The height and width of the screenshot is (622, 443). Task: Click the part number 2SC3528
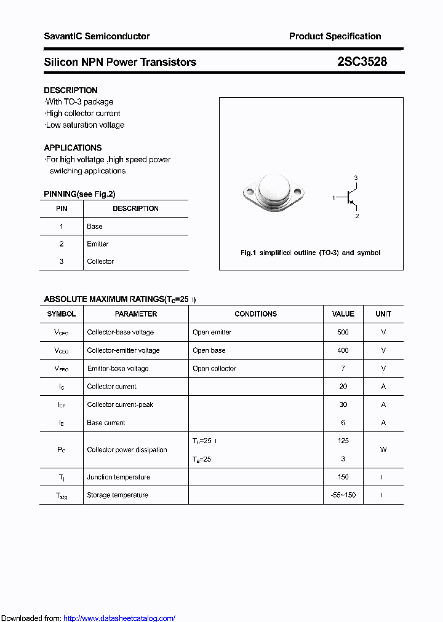click(x=362, y=62)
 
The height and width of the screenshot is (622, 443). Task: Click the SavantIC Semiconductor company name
click(x=97, y=36)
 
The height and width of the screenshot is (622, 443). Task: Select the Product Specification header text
click(x=335, y=36)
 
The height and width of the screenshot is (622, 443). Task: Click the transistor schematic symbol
click(x=348, y=197)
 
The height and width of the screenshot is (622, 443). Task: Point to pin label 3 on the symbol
click(x=356, y=178)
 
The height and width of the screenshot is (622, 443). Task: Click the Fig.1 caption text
click(x=310, y=253)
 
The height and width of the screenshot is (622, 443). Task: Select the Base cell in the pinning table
click(x=95, y=226)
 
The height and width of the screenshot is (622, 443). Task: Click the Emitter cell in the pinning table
click(x=98, y=244)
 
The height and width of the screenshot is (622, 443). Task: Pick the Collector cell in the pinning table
click(x=100, y=261)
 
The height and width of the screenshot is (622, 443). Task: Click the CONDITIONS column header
click(x=255, y=314)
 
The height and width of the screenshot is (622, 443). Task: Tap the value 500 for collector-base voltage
click(x=343, y=333)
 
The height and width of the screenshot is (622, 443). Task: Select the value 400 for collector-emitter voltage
click(x=343, y=350)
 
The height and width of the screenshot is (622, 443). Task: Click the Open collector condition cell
click(x=214, y=368)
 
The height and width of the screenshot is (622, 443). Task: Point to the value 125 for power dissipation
click(x=343, y=441)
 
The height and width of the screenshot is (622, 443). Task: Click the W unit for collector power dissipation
click(x=383, y=450)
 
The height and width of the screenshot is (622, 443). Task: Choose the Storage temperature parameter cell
click(x=118, y=495)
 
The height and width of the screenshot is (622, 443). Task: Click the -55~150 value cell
click(x=343, y=495)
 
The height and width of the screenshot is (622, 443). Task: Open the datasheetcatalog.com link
click(x=119, y=618)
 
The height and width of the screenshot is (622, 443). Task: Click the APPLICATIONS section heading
click(x=73, y=148)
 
